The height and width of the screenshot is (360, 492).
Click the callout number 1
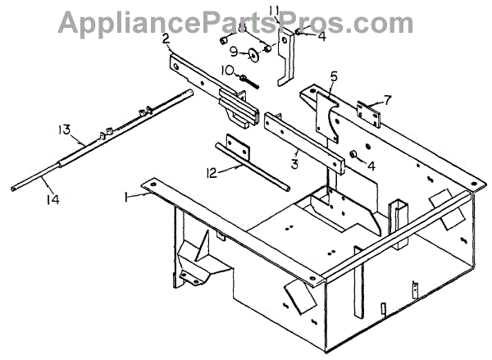click(126, 197)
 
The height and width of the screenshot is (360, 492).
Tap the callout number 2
click(166, 38)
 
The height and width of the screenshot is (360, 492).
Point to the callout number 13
click(63, 130)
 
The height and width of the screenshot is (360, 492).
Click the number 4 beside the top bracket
click(321, 35)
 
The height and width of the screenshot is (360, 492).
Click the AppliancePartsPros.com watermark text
click(236, 21)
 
